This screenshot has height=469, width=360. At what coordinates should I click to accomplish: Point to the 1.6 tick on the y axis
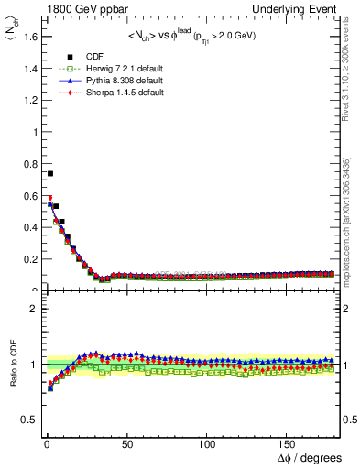(x=27, y=36)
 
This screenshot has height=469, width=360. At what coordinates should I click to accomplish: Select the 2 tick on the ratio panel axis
(x=31, y=309)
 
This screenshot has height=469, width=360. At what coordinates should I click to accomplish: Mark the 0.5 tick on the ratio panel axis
(x=27, y=420)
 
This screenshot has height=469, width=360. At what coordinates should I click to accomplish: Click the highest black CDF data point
(x=49, y=173)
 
